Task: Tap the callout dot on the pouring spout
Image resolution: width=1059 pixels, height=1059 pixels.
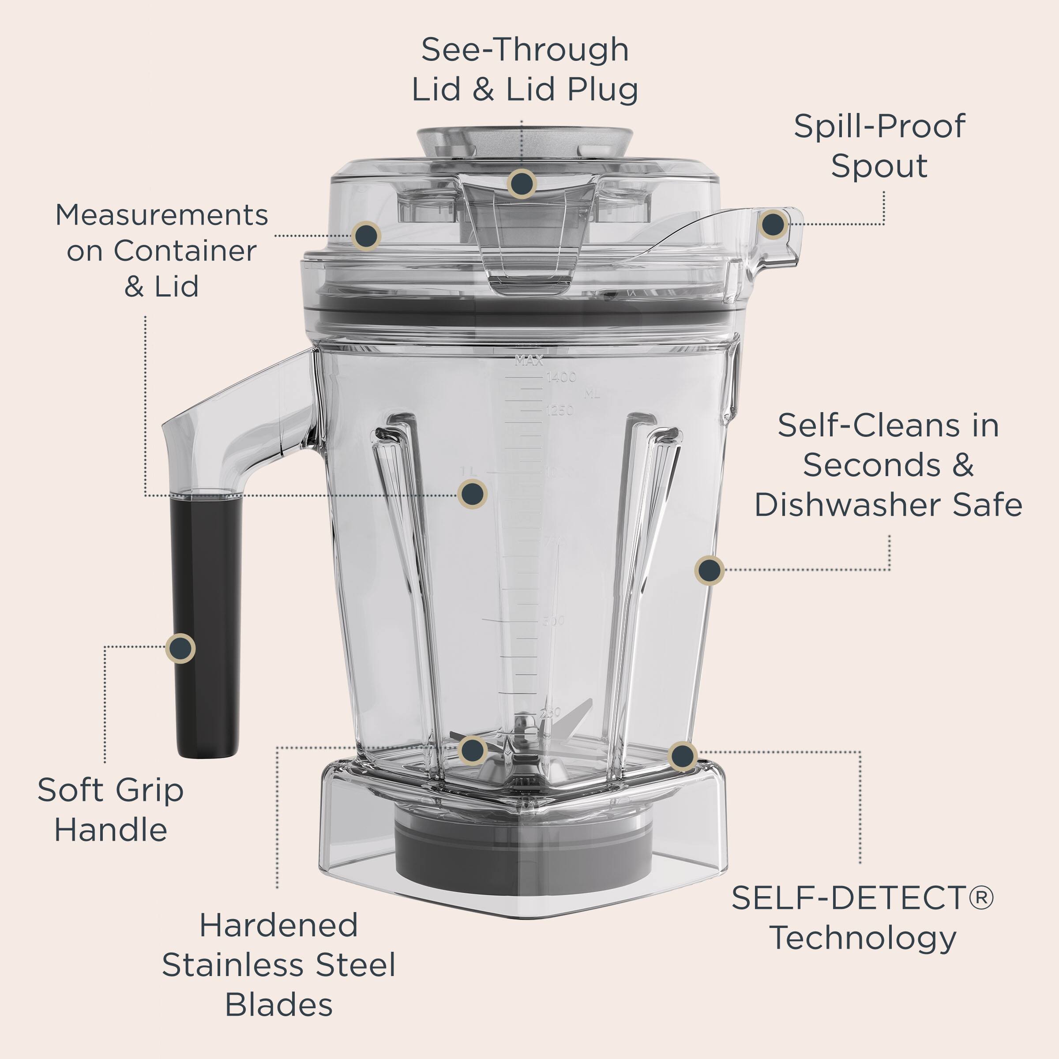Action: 773,224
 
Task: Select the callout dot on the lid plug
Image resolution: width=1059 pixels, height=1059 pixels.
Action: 521,183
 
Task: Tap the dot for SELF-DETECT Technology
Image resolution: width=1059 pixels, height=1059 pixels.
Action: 683,756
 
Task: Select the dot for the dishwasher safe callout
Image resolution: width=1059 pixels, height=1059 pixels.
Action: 709,570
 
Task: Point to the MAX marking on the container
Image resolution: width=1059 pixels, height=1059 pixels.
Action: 529,361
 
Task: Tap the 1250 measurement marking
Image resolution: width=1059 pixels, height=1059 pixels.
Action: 560,410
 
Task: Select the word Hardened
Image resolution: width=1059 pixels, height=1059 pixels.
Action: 278,926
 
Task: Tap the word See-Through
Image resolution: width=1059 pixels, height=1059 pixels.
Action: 525,50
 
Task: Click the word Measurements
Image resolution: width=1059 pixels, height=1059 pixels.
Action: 161,215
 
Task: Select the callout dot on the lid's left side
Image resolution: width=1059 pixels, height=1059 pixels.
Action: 367,236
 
